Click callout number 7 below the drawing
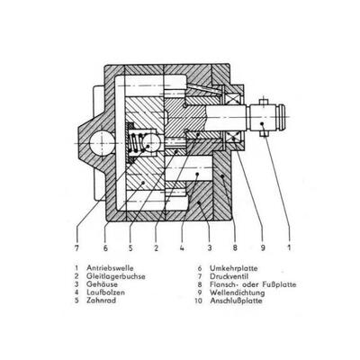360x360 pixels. tap(76, 248)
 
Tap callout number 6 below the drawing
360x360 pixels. tap(105, 248)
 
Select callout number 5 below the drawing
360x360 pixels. tap(130, 248)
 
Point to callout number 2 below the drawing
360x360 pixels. tap(156, 248)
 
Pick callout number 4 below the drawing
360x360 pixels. tap(182, 248)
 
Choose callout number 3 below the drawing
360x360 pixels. tap(210, 248)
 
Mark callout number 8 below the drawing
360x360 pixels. tap(235, 248)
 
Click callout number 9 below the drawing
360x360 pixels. tap(263, 248)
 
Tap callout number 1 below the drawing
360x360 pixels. tap(289, 248)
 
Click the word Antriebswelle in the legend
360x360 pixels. tap(110, 268)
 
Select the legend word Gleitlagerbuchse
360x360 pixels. tap(116, 276)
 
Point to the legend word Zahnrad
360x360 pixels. tap(101, 300)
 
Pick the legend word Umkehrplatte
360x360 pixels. tap(234, 268)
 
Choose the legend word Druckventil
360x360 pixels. tap(229, 276)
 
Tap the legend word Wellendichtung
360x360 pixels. tap(238, 292)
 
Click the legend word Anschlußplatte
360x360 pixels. tap(236, 301)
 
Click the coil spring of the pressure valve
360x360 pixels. tap(137, 142)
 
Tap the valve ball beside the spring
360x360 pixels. tap(150, 142)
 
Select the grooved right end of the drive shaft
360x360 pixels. tap(281, 117)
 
